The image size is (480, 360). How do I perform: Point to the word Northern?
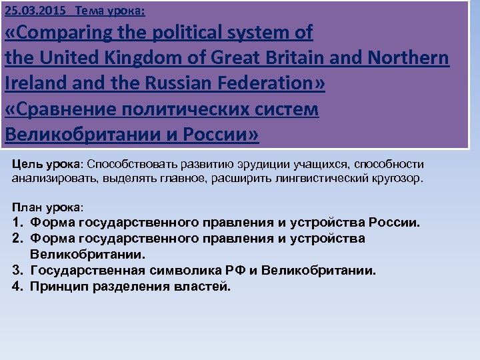(x=412, y=58)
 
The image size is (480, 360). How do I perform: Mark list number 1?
(x=17, y=222)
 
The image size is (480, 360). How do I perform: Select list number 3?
(x=17, y=271)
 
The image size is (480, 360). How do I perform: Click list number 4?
(x=17, y=287)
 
